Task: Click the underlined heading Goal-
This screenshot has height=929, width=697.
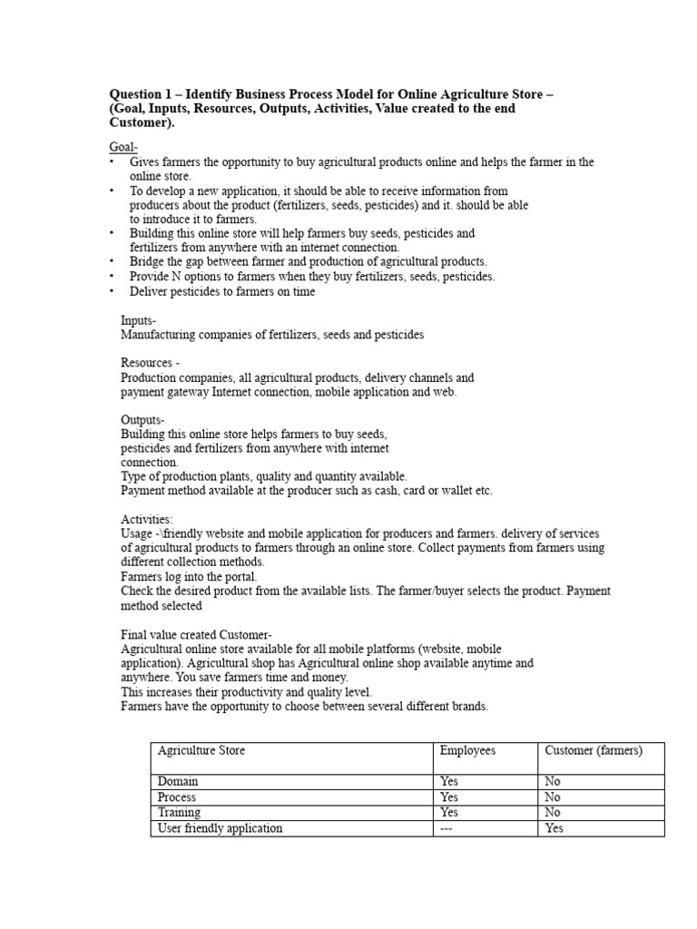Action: [123, 147]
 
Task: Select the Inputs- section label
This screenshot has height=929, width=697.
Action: [139, 320]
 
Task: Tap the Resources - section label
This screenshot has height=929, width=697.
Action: [150, 363]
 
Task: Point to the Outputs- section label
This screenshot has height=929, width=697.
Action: [143, 420]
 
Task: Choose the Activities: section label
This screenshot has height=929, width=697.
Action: [147, 519]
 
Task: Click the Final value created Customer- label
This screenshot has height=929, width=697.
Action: [196, 634]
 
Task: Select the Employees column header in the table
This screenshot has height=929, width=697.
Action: [467, 750]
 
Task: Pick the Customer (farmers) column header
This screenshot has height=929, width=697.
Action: [594, 750]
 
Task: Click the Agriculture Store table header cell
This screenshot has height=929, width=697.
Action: [201, 750]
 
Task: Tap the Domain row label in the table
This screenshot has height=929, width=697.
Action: [178, 781]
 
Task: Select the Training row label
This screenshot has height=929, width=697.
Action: [180, 812]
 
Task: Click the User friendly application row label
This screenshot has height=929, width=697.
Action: [220, 827]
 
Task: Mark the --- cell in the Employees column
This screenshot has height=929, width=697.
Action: [447, 827]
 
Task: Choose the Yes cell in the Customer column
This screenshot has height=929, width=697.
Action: [554, 827]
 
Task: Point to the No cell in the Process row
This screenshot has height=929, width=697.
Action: [552, 797]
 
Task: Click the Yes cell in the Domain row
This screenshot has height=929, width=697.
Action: [449, 781]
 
